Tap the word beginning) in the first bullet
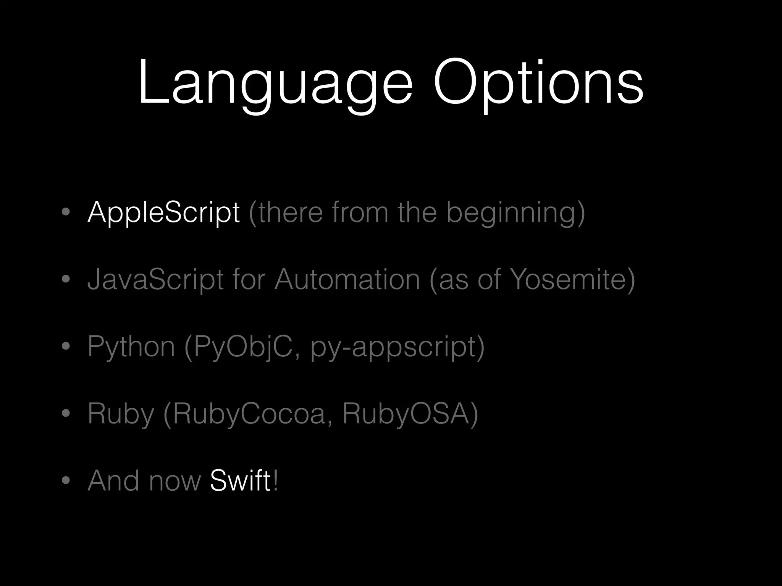(x=515, y=213)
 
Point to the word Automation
(x=347, y=279)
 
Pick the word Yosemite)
(x=573, y=279)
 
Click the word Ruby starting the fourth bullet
(x=121, y=414)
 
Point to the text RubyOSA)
(x=410, y=414)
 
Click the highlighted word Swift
(x=240, y=481)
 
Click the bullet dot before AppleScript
(x=66, y=212)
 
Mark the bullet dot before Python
(x=66, y=346)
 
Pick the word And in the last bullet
(x=113, y=481)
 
